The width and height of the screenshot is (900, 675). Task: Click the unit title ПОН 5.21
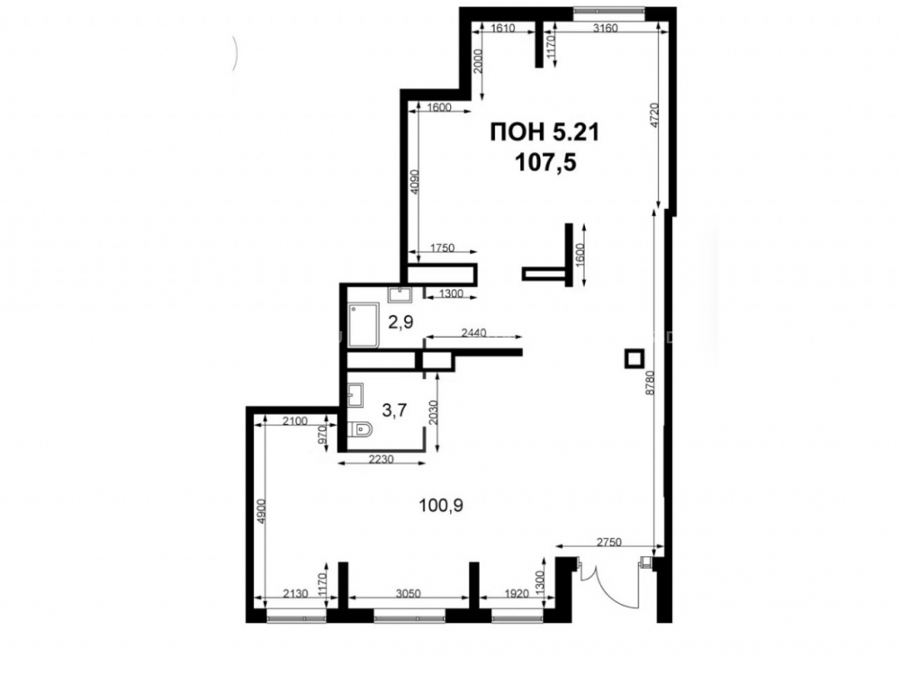tap(544, 132)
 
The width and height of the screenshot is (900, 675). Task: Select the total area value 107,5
tap(545, 163)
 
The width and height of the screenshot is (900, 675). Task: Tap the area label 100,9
tap(441, 506)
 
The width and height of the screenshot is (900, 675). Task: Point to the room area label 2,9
tap(400, 322)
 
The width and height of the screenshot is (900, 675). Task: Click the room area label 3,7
tap(394, 409)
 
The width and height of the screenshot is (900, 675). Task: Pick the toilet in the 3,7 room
tap(360, 429)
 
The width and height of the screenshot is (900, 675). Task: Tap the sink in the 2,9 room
tap(399, 295)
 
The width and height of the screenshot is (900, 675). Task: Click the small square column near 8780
tap(634, 359)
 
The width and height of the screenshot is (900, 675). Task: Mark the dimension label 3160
tap(605, 28)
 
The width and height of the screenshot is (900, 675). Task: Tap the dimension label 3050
tap(409, 593)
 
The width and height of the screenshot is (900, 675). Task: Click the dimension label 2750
tap(608, 542)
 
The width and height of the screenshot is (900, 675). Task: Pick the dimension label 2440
tap(473, 332)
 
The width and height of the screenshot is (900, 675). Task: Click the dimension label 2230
tap(381, 459)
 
